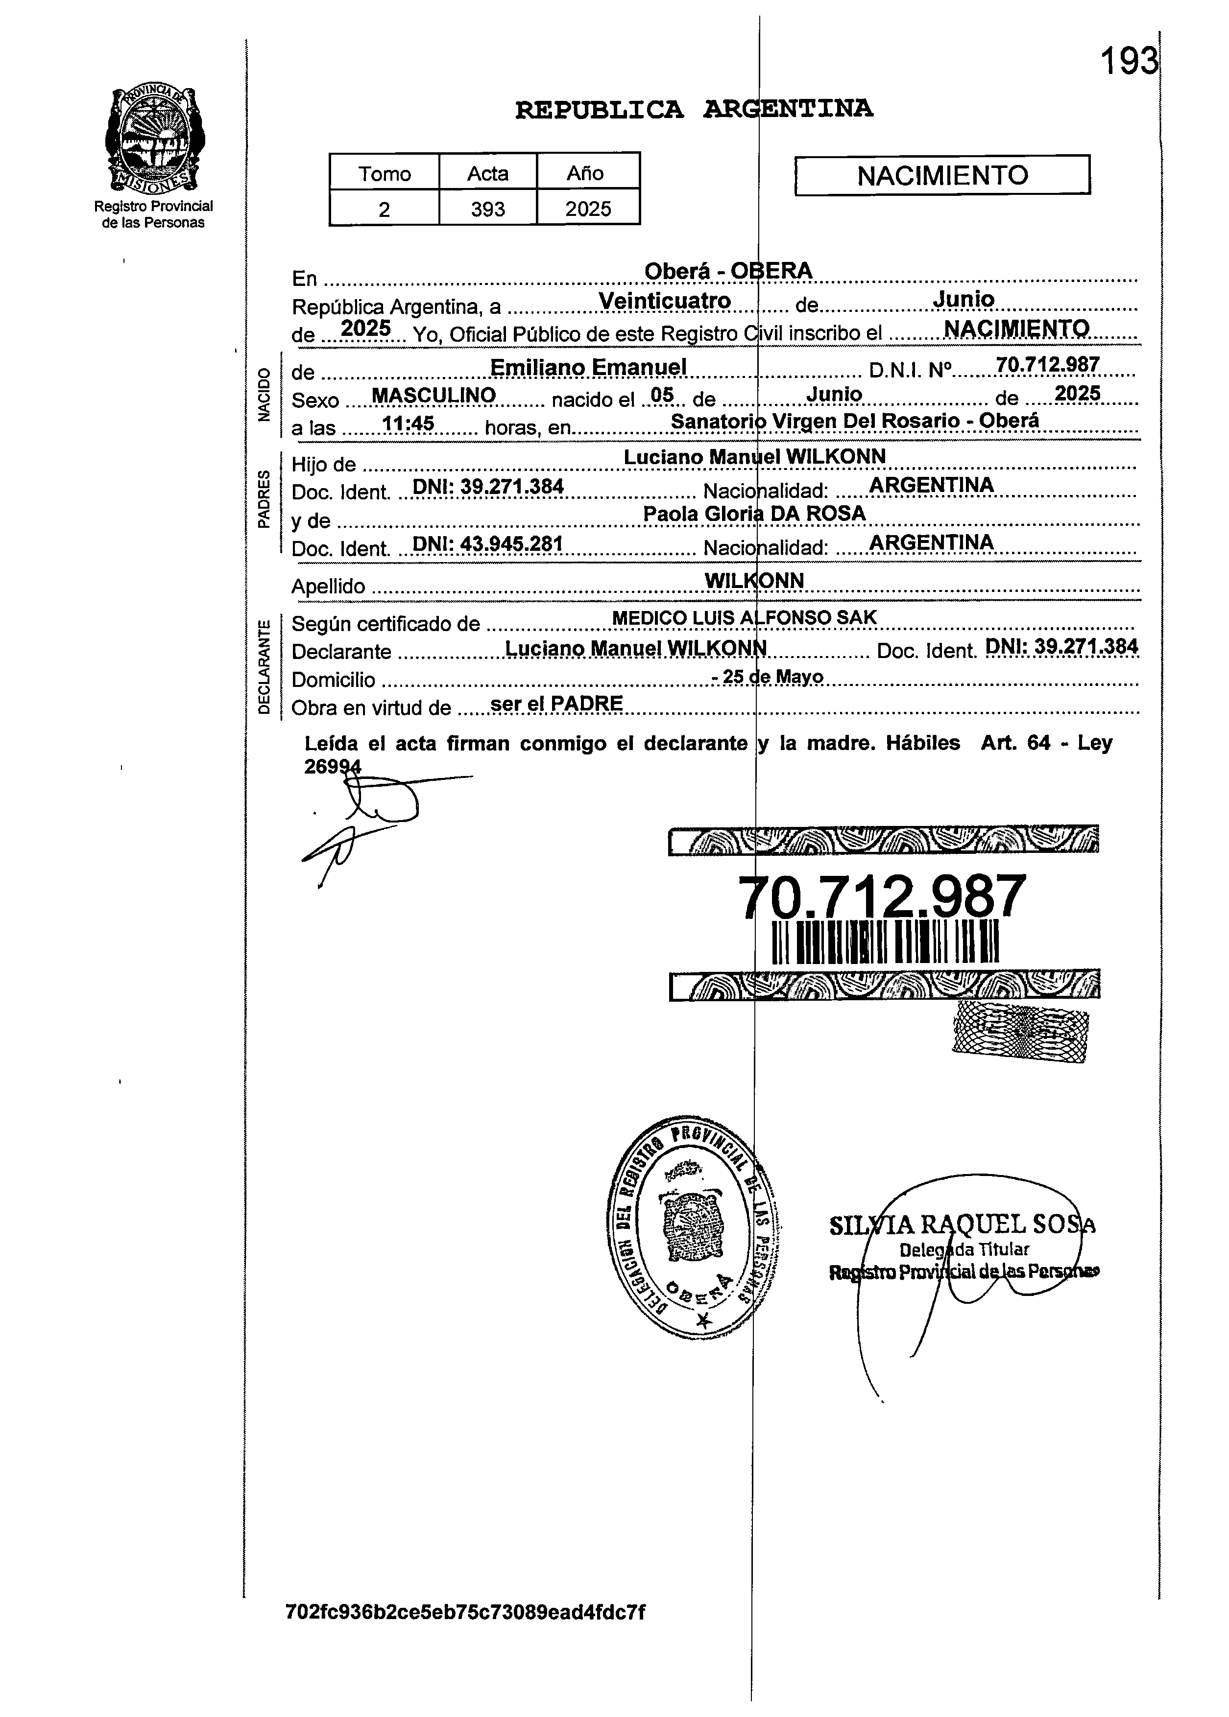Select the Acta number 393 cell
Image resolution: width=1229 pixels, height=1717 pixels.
pyautogui.click(x=487, y=209)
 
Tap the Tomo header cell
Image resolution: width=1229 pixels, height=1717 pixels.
pyautogui.click(x=385, y=173)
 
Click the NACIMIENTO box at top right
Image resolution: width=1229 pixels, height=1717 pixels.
pyautogui.click(x=942, y=175)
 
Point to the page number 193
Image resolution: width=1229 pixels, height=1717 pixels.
pyautogui.click(x=1128, y=61)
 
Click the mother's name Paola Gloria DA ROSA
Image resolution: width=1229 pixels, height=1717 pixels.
pyautogui.click(x=754, y=514)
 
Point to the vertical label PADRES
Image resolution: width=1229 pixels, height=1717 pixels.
pyautogui.click(x=264, y=499)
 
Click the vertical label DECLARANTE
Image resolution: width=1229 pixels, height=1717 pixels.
pyautogui.click(x=264, y=666)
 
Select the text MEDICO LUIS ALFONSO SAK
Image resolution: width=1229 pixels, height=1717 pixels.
pyautogui.click(x=744, y=618)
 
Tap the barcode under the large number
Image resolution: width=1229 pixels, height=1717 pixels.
pyautogui.click(x=885, y=941)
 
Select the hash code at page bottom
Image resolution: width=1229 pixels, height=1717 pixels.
pyautogui.click(x=465, y=1612)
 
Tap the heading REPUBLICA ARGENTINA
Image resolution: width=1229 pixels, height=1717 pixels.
pyautogui.click(x=694, y=110)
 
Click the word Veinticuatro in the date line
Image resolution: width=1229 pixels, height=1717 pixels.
pyautogui.click(x=664, y=301)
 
